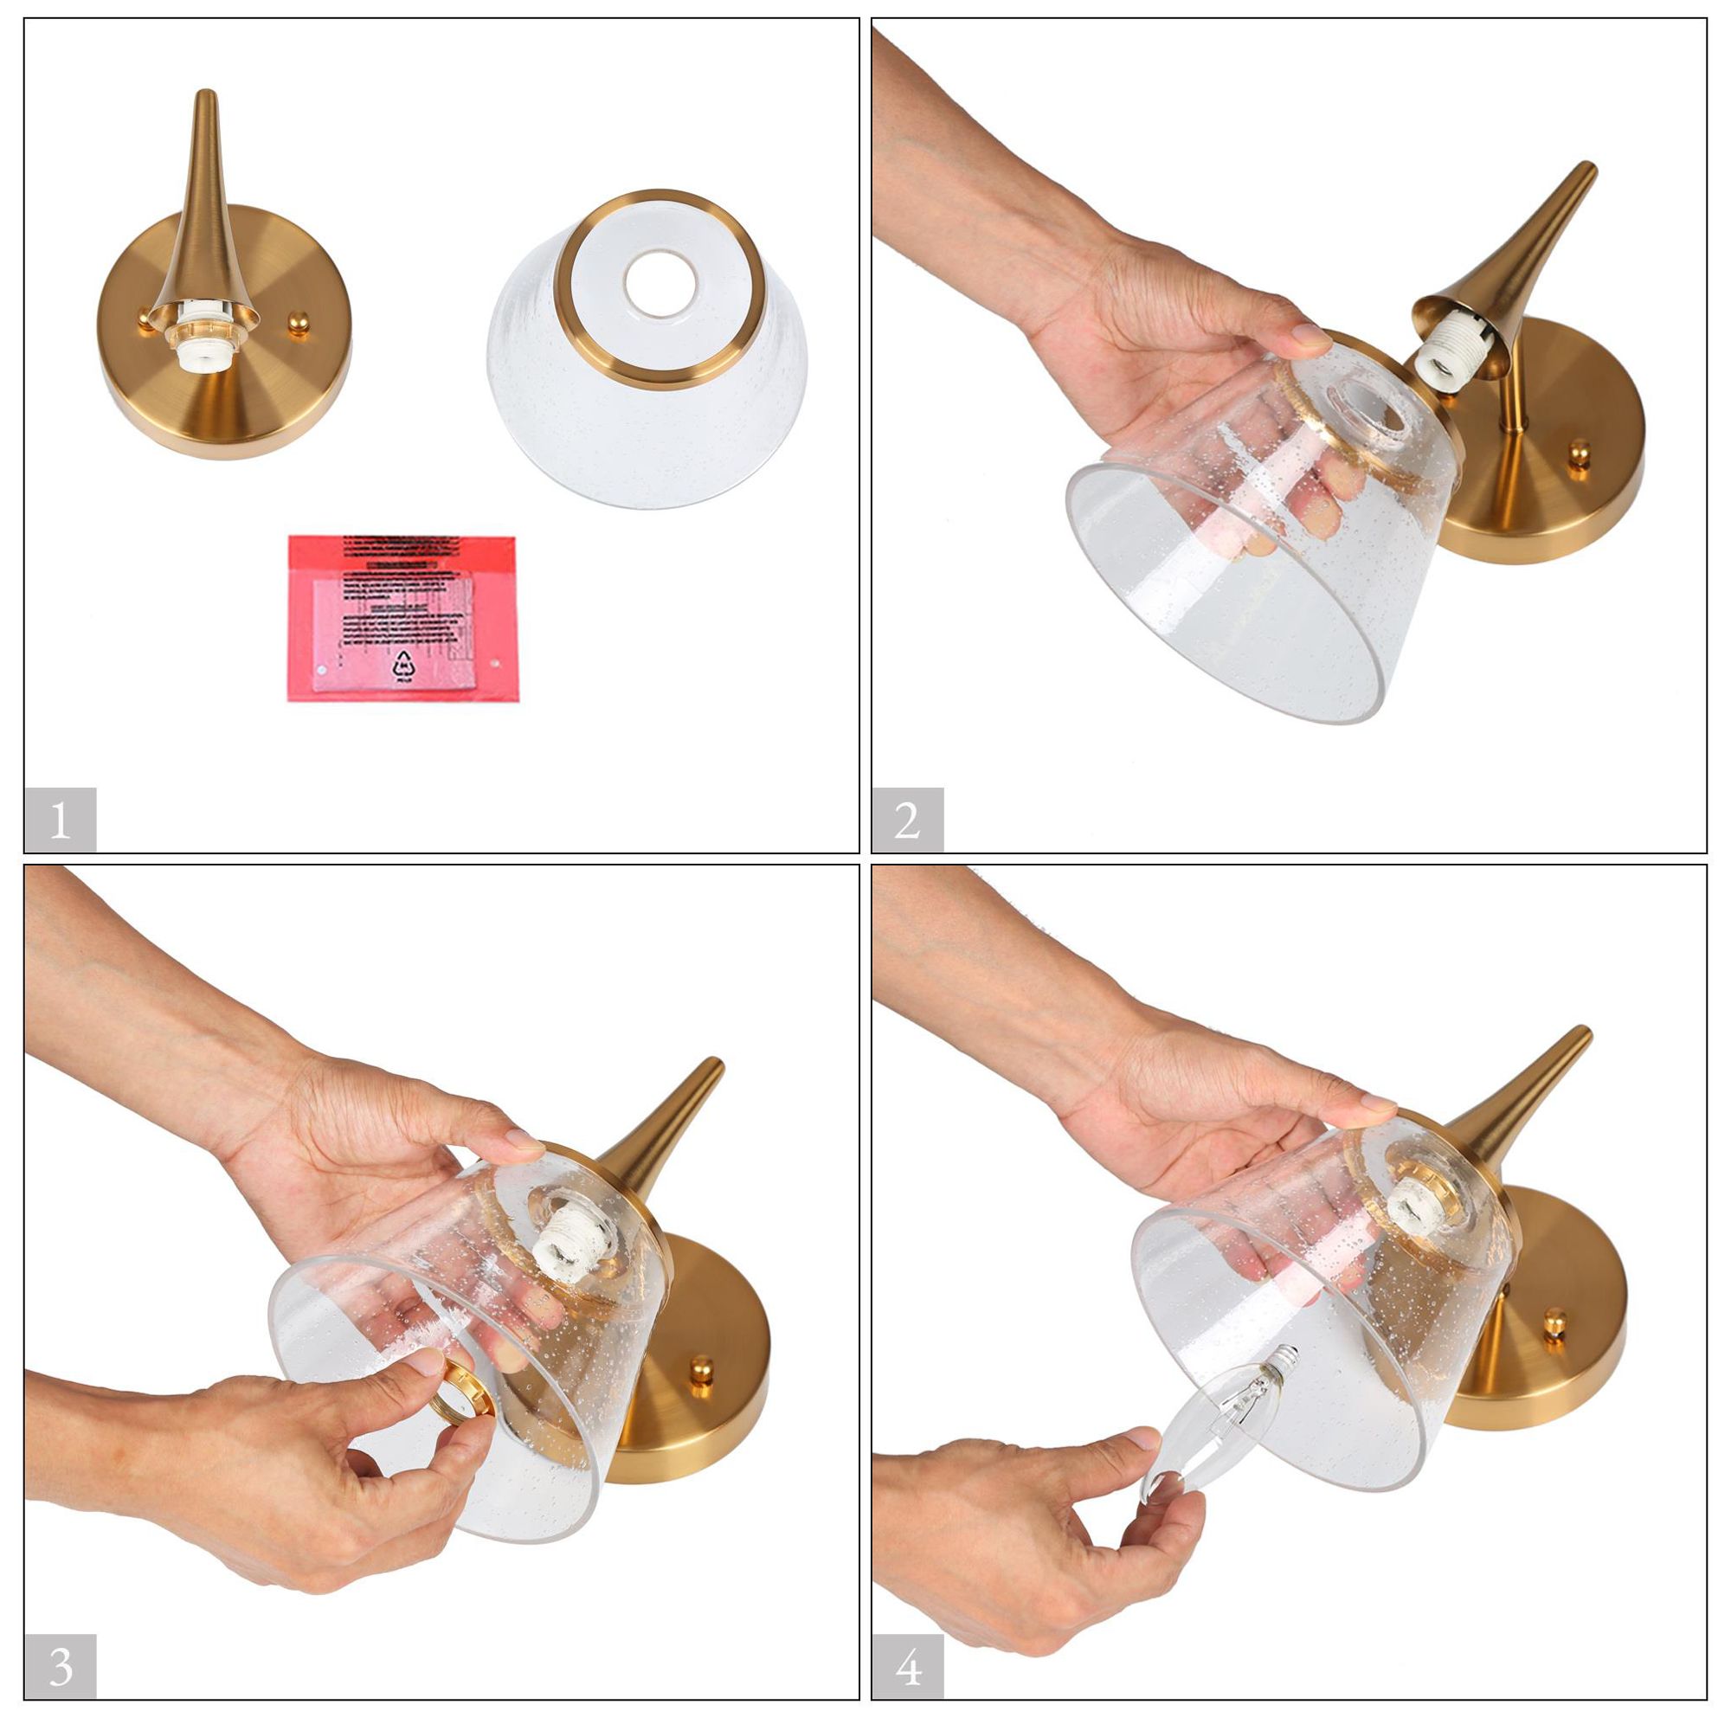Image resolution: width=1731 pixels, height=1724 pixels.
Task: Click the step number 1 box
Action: (60, 820)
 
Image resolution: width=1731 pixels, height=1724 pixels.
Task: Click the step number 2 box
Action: (907, 820)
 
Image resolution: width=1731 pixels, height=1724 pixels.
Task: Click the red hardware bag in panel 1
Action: (402, 618)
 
